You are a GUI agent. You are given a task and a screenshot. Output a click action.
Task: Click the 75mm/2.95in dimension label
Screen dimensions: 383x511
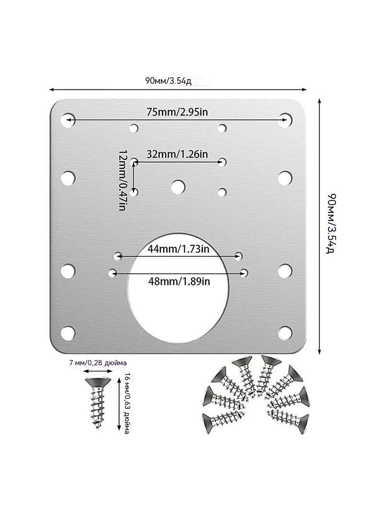[177, 112]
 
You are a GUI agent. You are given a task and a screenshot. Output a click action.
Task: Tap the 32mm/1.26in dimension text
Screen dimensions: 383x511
[177, 154]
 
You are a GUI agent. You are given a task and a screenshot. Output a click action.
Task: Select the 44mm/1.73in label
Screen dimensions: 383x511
[178, 249]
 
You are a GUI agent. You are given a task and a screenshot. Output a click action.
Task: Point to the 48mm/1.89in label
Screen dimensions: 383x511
[179, 280]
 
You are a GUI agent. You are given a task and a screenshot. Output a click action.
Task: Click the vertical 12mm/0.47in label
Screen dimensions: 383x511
[122, 180]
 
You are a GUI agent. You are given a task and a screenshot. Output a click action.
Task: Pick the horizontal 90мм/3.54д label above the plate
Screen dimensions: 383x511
[169, 81]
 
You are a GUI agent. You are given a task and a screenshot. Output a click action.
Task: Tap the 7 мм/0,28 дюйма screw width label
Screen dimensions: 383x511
[98, 363]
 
